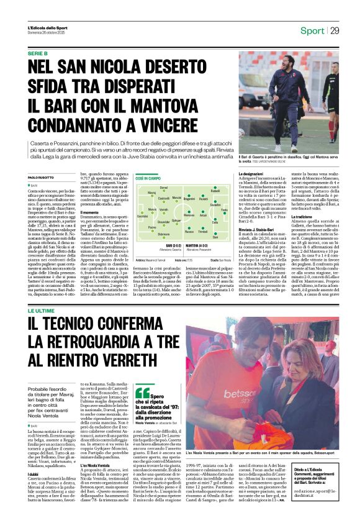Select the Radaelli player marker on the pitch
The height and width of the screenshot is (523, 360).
(x=214, y=189)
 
